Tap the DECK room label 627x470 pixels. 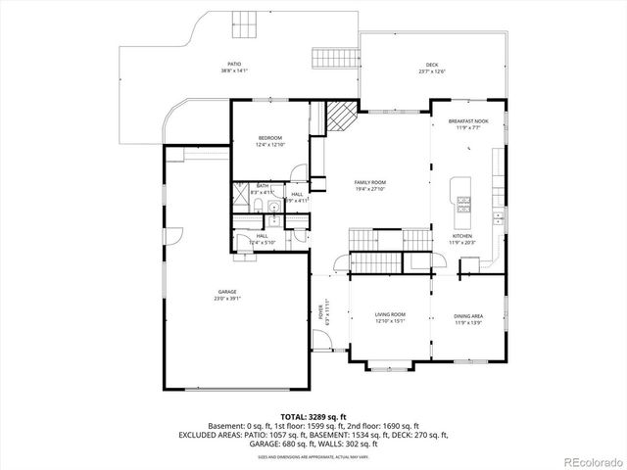[x=432, y=65]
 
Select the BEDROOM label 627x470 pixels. [x=270, y=138]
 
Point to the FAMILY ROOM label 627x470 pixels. [x=370, y=182]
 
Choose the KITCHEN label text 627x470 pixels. [x=461, y=236]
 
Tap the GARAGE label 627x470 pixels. [x=227, y=292]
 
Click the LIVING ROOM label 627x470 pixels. [x=390, y=314]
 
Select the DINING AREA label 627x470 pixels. [x=467, y=314]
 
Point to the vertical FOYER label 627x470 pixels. [x=320, y=314]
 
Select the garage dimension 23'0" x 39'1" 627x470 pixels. [x=227, y=299]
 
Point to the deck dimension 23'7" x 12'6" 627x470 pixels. [x=432, y=71]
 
